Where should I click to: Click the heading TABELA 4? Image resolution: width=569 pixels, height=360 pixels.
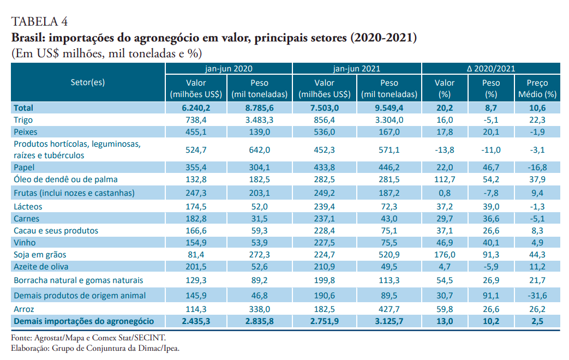[x=40, y=22]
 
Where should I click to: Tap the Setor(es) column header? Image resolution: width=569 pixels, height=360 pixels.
[x=88, y=82]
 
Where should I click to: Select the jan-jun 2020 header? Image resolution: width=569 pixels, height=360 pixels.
[x=229, y=69]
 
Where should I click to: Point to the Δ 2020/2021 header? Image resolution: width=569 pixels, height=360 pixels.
[x=490, y=69]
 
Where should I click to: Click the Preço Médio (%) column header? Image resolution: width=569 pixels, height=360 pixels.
[x=537, y=88]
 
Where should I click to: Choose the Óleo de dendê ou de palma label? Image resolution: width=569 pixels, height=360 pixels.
[x=65, y=179]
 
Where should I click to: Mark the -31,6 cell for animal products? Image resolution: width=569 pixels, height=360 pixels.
[x=537, y=295]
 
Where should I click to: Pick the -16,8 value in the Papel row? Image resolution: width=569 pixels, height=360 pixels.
[x=537, y=167]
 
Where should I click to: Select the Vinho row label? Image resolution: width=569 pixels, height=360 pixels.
[x=25, y=243]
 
